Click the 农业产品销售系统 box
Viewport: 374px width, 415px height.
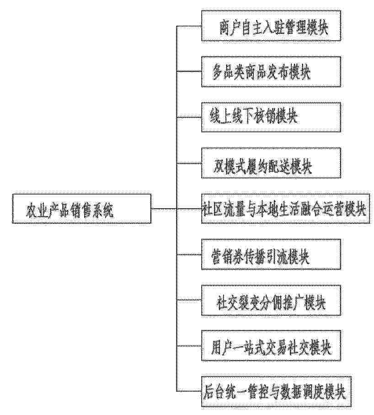(x=81, y=209)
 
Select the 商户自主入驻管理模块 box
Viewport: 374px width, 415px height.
(x=271, y=26)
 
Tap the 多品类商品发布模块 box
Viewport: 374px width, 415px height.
(x=271, y=71)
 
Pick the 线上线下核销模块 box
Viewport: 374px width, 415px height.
(x=271, y=117)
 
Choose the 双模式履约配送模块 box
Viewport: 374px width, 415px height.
(x=271, y=163)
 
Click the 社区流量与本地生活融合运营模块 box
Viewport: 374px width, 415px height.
(x=285, y=209)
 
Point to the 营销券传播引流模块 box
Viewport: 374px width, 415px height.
(x=271, y=254)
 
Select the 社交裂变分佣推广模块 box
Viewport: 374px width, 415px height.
(x=271, y=301)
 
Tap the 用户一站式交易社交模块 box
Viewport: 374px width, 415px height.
(x=271, y=346)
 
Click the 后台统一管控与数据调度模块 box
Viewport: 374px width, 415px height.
(x=277, y=392)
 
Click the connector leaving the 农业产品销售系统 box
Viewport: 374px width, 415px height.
(x=164, y=209)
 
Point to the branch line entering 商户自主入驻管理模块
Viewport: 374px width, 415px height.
(x=189, y=26)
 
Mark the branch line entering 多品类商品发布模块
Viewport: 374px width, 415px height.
(x=189, y=71)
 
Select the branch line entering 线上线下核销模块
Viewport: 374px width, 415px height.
(x=189, y=117)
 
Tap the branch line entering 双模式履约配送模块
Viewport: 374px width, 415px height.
(x=189, y=163)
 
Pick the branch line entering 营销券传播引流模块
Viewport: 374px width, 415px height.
(x=189, y=254)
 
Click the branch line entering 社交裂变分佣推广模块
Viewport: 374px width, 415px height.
(x=189, y=301)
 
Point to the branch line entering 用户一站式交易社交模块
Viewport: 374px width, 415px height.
(x=189, y=346)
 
